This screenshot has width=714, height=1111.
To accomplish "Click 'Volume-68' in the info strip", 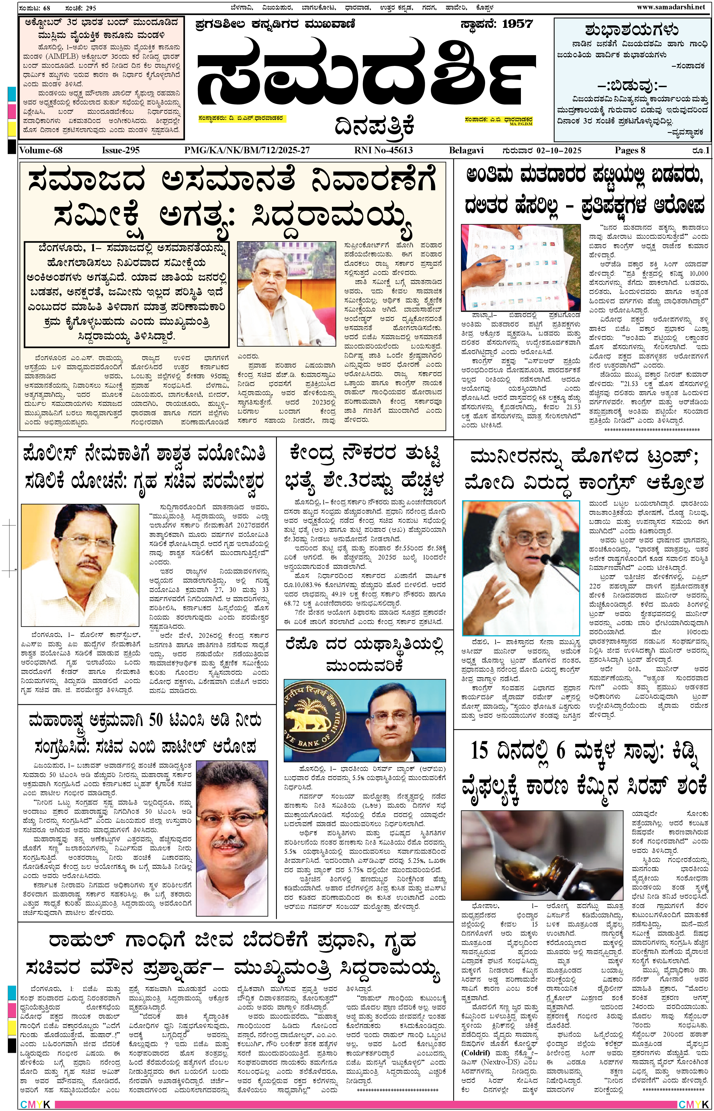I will pyautogui.click(x=41, y=150).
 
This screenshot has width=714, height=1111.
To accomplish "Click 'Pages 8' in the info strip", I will pyautogui.click(x=630, y=150).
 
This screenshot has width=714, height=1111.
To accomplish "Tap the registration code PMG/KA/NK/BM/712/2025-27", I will pyautogui.click(x=247, y=150).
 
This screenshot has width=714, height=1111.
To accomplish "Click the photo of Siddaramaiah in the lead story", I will pyautogui.click(x=286, y=293).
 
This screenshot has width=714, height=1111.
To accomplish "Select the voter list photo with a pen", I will pyautogui.click(x=520, y=267).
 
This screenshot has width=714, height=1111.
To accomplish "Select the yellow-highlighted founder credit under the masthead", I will pyautogui.click(x=241, y=118).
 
